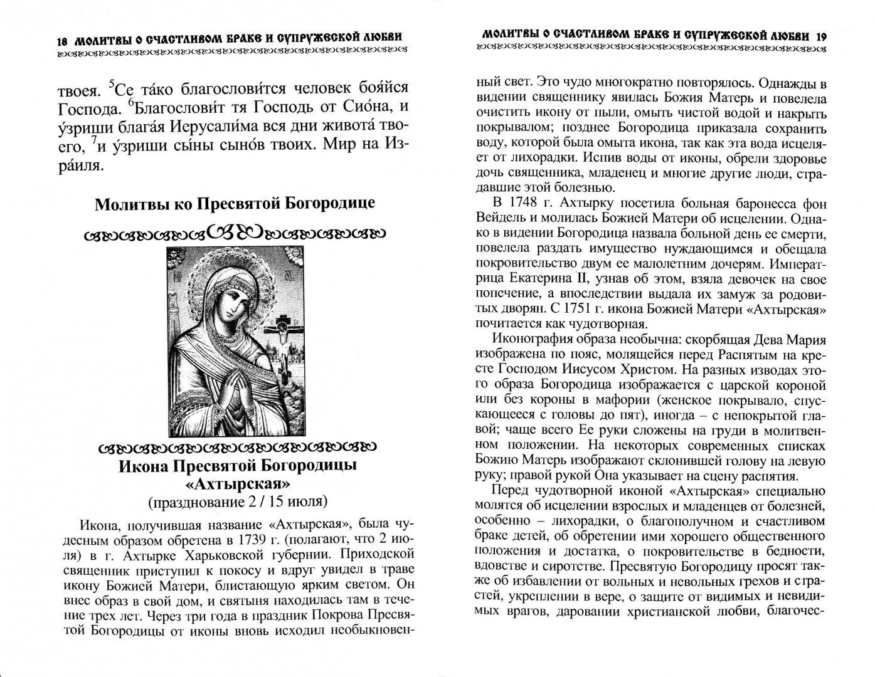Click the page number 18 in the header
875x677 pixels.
(x=61, y=41)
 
